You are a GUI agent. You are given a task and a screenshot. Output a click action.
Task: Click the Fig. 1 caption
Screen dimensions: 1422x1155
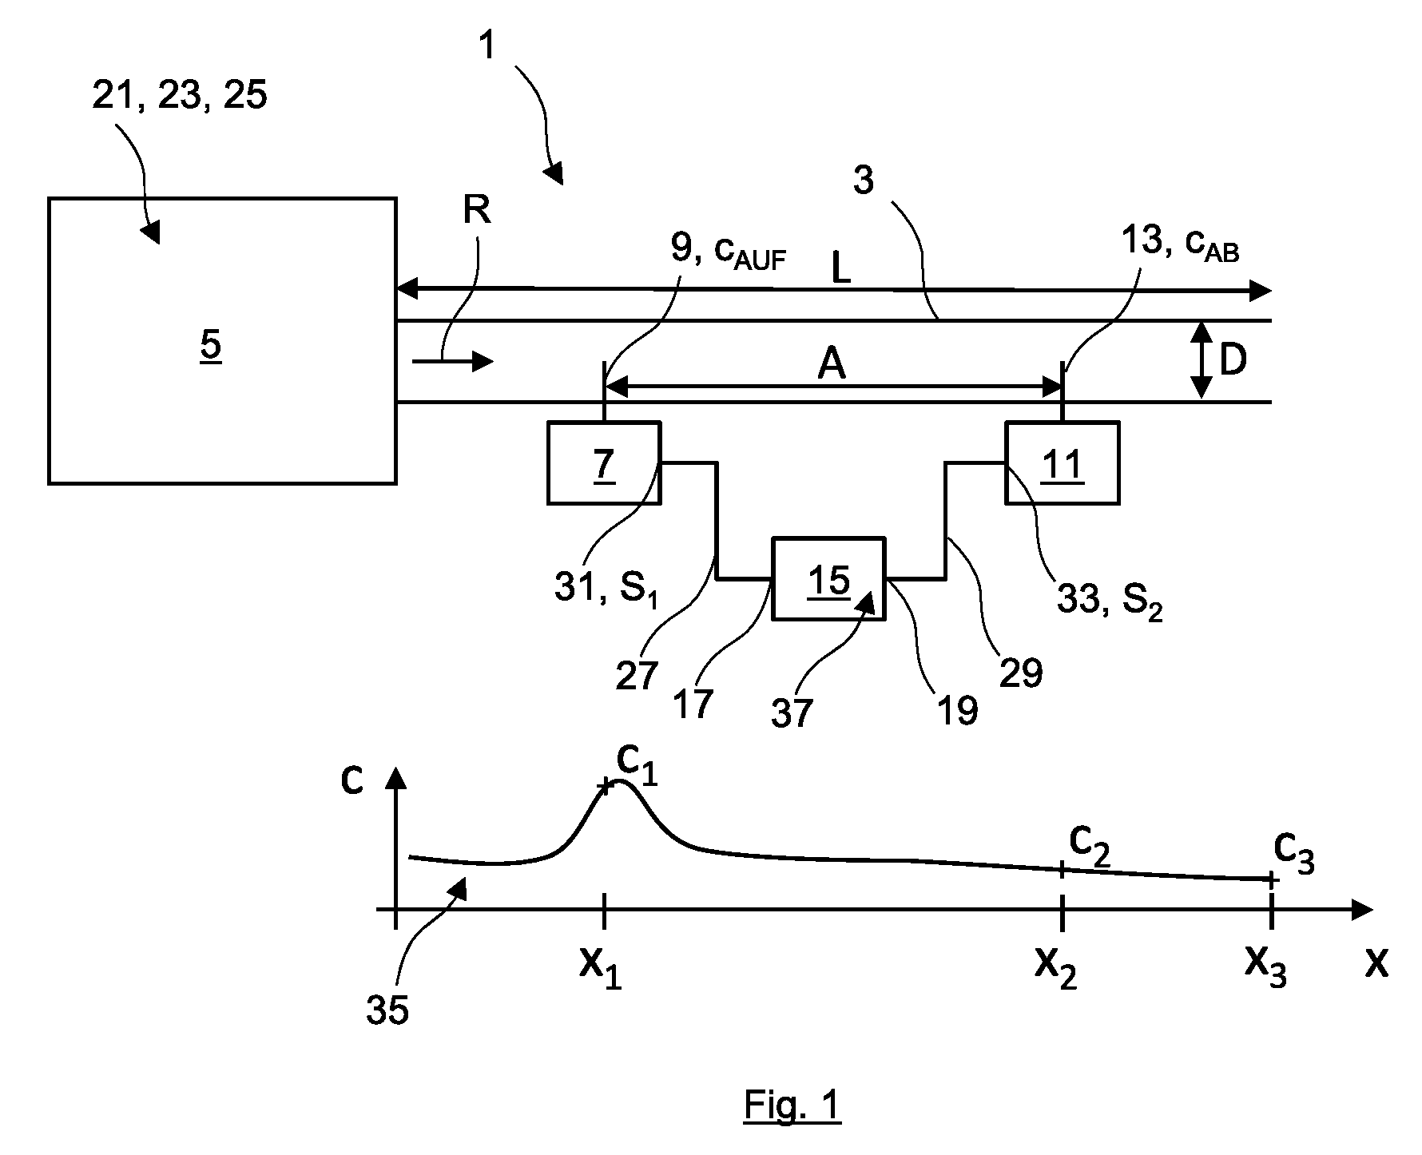point(792,1105)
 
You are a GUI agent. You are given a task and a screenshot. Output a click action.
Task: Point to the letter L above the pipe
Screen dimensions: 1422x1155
point(841,269)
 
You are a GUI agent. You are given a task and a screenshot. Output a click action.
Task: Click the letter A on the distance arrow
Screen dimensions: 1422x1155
point(832,365)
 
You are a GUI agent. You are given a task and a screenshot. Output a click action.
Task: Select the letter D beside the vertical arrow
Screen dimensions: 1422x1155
point(1233,361)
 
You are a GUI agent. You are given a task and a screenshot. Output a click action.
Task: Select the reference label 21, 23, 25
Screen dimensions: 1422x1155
point(180,96)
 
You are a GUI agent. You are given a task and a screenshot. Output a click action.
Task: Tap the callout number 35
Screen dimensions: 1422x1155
point(387,1010)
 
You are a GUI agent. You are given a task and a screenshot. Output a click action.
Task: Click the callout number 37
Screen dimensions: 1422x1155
point(792,713)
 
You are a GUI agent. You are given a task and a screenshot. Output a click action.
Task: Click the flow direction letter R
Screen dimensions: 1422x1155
point(477,210)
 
